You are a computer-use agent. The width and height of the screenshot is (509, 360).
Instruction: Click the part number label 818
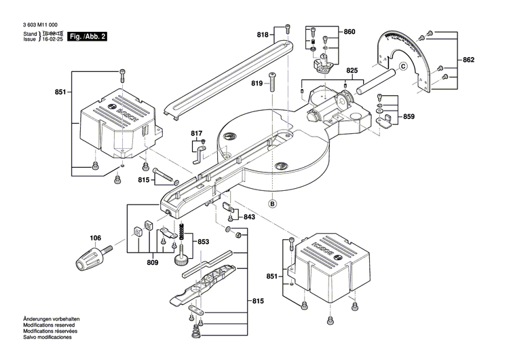coord(262,35)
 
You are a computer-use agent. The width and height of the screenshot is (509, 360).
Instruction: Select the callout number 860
coord(349,32)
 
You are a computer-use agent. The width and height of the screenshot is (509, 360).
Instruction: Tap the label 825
coord(352,71)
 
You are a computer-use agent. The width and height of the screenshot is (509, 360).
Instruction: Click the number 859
coord(408,117)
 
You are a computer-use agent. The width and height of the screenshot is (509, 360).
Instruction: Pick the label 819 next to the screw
coord(257,83)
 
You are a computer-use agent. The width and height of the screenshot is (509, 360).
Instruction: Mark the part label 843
coord(249,217)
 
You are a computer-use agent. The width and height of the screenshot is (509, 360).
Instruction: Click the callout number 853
coord(202,242)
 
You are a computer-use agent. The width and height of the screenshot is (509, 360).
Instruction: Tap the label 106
coord(96,238)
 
